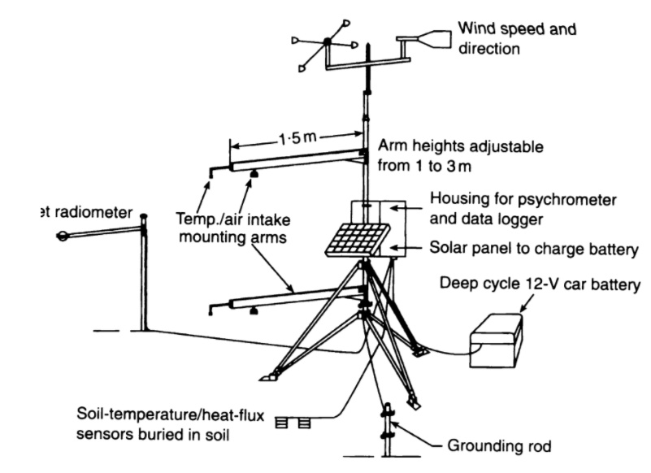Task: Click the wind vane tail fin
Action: (x=431, y=37)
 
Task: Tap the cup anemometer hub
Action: (x=327, y=42)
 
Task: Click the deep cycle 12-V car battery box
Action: (x=495, y=338)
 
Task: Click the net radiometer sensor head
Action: (x=63, y=237)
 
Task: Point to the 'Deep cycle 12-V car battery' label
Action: (x=540, y=284)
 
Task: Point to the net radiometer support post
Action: (x=145, y=276)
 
